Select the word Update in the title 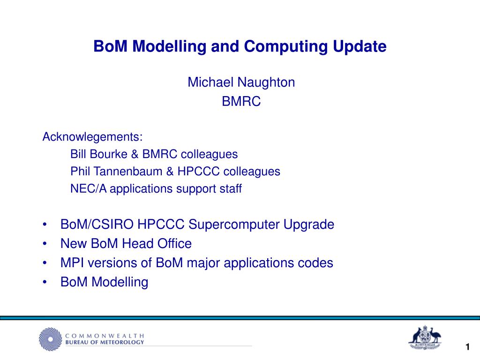click(360, 46)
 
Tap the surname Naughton click(266, 82)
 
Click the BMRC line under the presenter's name click(241, 101)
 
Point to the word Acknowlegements click(92, 137)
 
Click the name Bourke click(108, 154)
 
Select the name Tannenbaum click(127, 172)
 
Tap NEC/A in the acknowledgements click(89, 188)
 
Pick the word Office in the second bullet click(174, 244)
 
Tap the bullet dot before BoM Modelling click(45, 282)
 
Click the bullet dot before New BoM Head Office click(45, 244)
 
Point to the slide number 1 click(467, 347)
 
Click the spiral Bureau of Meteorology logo click(51, 339)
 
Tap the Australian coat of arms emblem click(425, 337)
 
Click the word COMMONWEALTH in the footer click(105, 336)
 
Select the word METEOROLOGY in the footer click(124, 342)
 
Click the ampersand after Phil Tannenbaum click(170, 172)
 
